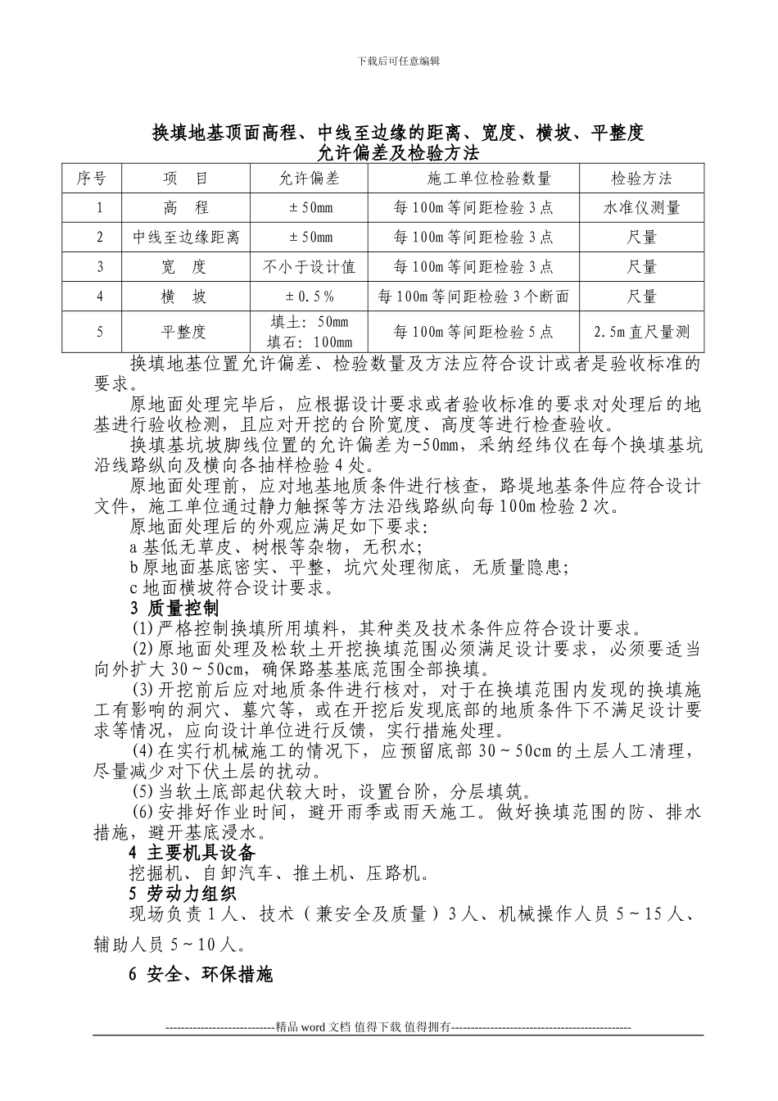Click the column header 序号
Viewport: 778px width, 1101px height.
pos(92,178)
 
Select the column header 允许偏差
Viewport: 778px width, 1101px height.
pos(309,178)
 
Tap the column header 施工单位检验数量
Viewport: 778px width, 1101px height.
pos(473,178)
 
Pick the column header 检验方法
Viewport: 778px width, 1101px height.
pos(641,178)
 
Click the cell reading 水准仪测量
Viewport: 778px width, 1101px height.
pos(641,207)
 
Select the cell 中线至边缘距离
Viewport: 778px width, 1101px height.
pos(186,238)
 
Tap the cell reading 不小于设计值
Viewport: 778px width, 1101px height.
pos(309,267)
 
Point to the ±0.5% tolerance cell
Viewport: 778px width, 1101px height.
pos(309,297)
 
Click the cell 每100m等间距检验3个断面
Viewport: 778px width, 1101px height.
pos(473,297)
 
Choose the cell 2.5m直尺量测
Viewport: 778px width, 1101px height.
pos(641,332)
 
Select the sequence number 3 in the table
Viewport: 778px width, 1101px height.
pos(100,267)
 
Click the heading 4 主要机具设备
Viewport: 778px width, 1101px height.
pos(192,854)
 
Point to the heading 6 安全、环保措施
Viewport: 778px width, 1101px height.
pos(201,974)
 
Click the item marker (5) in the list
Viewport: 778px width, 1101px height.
pos(143,792)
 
